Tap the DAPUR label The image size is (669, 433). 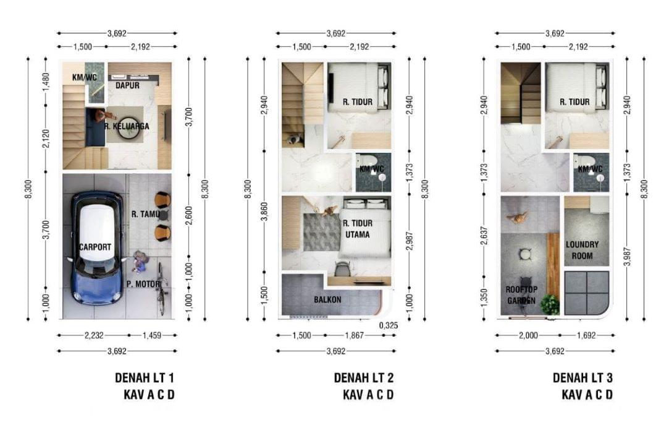click(x=127, y=85)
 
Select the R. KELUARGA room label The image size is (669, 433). click(x=127, y=126)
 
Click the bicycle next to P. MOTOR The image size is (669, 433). click(x=161, y=288)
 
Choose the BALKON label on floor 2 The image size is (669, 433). click(x=327, y=299)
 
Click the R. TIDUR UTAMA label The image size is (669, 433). click(x=356, y=229)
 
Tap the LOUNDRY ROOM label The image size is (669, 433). click(x=582, y=250)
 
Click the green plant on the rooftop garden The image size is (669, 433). click(x=549, y=304)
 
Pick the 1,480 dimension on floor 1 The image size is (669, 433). click(x=45, y=82)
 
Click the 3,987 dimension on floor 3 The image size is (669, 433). click(x=628, y=253)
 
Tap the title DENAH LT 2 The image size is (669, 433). click(x=364, y=377)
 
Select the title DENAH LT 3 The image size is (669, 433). click(x=583, y=377)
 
